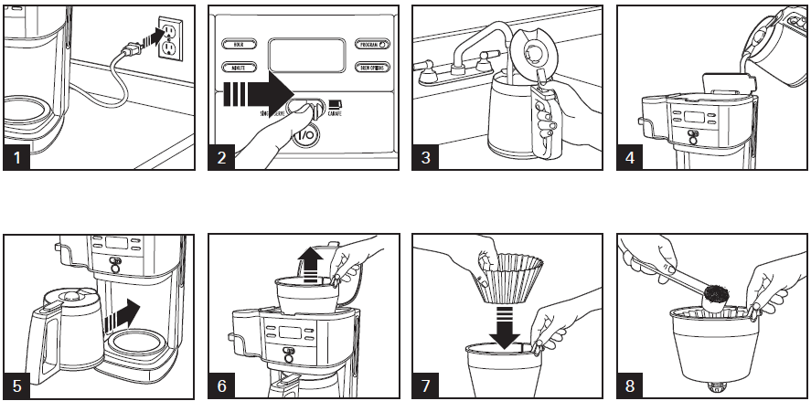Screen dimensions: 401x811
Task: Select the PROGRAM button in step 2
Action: pyautogui.click(x=371, y=44)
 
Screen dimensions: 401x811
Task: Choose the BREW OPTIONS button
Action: pyautogui.click(x=371, y=67)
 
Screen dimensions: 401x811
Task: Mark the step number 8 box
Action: pyautogui.click(x=631, y=385)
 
